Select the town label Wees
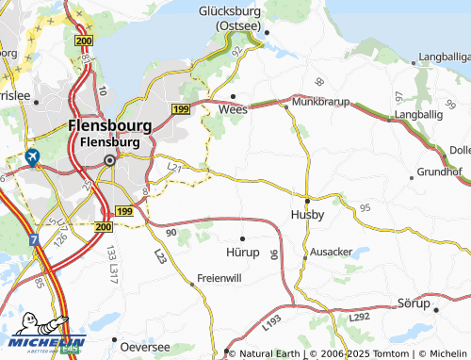pyautogui.click(x=233, y=109)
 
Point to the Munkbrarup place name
pyautogui.click(x=321, y=100)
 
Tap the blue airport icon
pyautogui.click(x=34, y=157)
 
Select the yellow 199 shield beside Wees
pyautogui.click(x=181, y=110)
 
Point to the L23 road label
pyautogui.click(x=159, y=255)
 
